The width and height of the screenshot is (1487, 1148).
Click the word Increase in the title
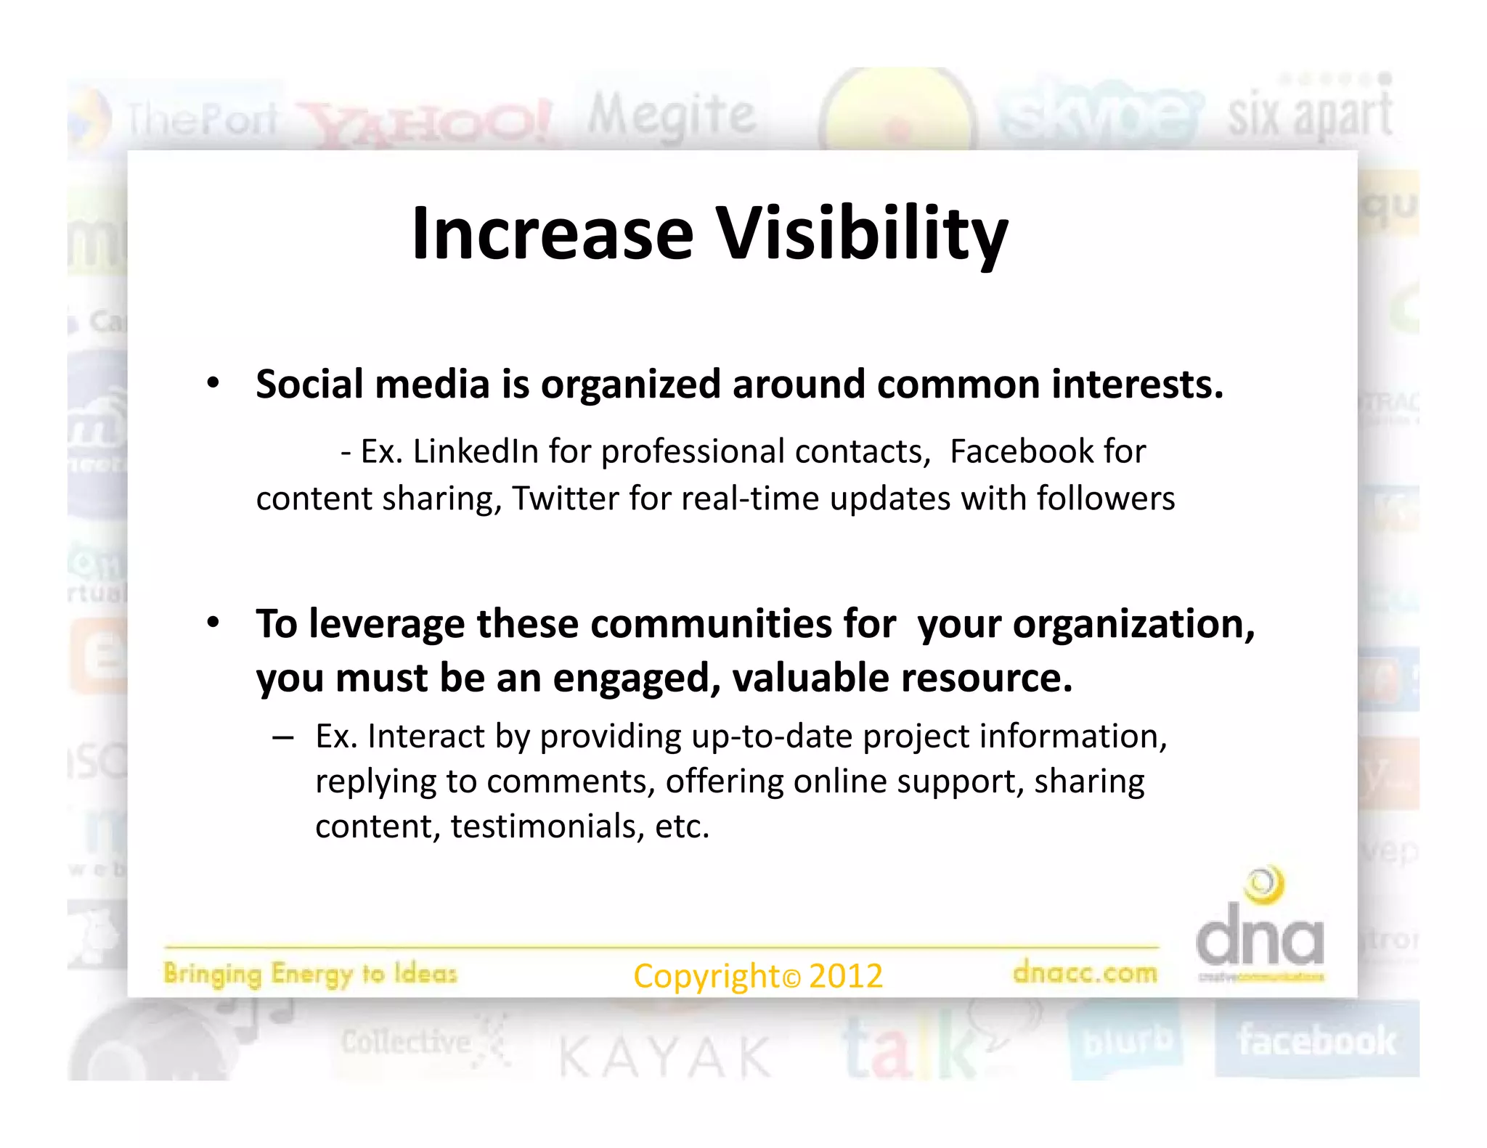tap(552, 234)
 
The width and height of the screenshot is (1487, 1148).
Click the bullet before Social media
tap(212, 382)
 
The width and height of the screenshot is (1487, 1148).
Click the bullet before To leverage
tap(212, 623)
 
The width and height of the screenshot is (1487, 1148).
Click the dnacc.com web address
tap(1085, 972)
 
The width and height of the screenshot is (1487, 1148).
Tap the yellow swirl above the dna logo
tap(1264, 885)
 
